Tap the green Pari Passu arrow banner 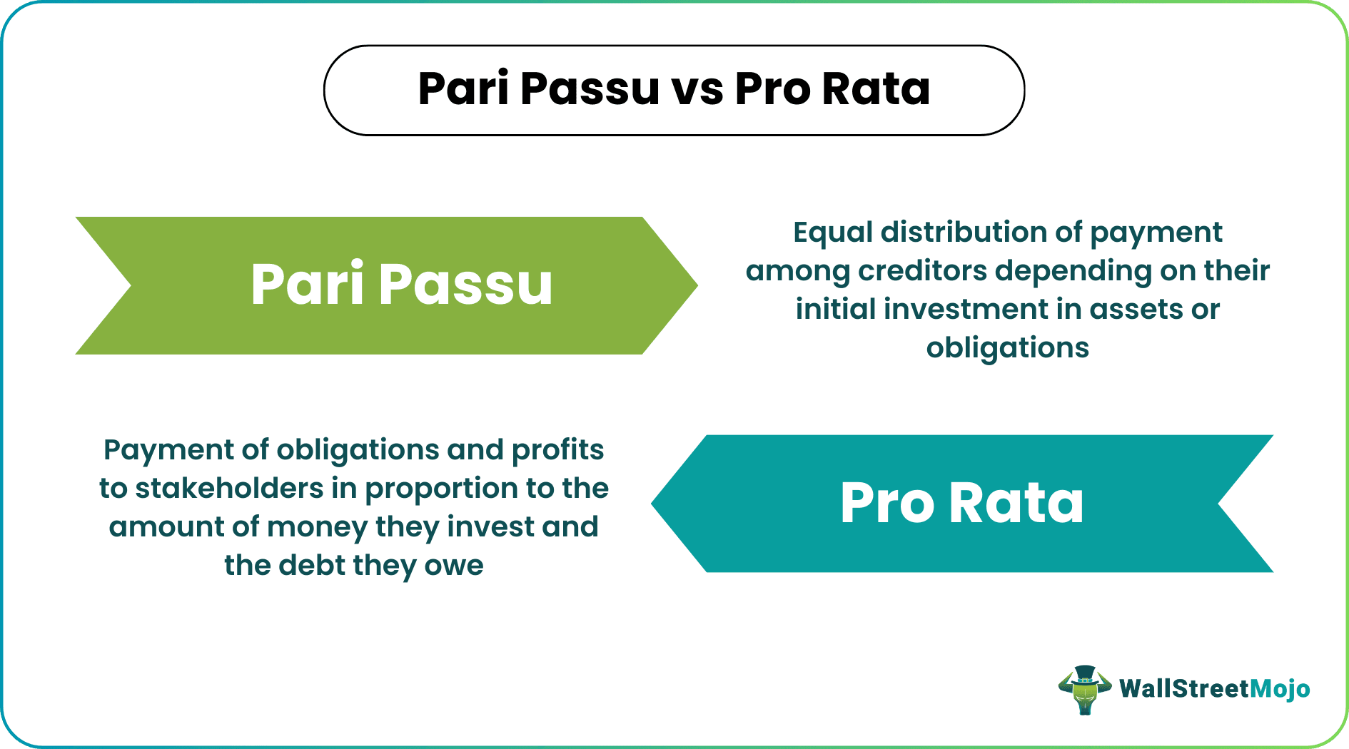(x=385, y=285)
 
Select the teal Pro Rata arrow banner (x=962, y=504)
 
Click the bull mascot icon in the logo (x=1084, y=689)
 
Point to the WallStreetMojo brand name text (x=1214, y=689)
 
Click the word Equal (x=833, y=233)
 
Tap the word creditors (x=922, y=271)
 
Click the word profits (x=558, y=450)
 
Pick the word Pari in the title (x=464, y=89)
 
